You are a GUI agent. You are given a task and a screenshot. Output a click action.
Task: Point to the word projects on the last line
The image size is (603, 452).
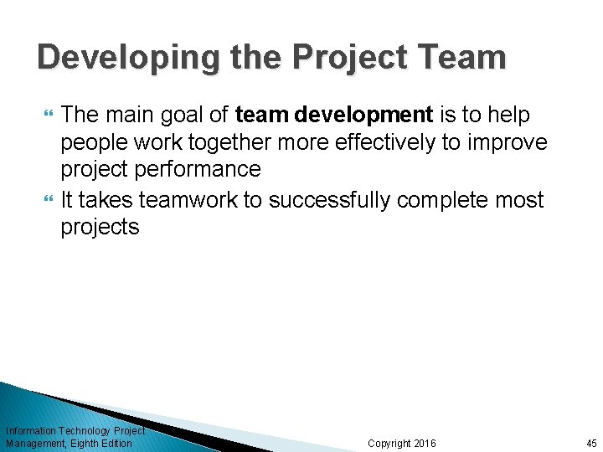(100, 227)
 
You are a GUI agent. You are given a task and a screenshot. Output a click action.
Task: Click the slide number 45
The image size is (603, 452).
(591, 443)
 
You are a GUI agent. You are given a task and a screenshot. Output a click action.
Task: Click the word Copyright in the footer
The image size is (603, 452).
(389, 443)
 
